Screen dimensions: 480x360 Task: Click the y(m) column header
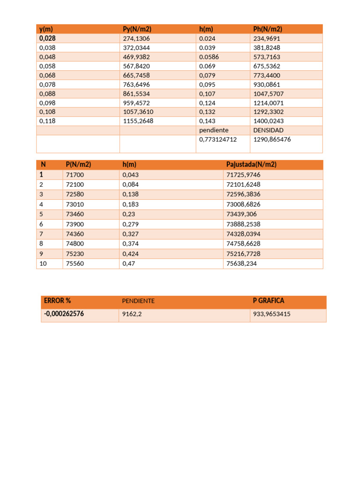tap(46, 29)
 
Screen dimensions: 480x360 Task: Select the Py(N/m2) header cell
tap(137, 29)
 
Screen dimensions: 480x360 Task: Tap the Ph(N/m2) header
tap(268, 29)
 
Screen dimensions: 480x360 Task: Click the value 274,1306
tap(136, 38)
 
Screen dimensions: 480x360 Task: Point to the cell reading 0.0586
tap(209, 57)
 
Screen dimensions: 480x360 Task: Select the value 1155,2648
tap(138, 121)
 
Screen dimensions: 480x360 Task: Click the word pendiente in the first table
tap(214, 130)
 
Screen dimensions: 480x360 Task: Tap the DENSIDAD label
tap(268, 130)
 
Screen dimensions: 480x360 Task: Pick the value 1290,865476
tap(272, 139)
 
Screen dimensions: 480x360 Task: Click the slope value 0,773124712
tap(218, 139)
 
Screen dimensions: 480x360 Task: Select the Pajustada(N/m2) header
tap(251, 165)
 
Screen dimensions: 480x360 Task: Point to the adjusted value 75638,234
tap(241, 263)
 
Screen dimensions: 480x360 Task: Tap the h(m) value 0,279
tap(130, 224)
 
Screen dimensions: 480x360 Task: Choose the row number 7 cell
tap(41, 234)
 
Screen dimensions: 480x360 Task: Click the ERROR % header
tap(57, 300)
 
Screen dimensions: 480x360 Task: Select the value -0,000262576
tap(64, 314)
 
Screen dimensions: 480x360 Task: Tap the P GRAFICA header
tap(268, 300)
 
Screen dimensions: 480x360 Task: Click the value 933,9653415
tap(271, 314)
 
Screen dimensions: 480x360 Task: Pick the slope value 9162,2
tap(132, 314)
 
